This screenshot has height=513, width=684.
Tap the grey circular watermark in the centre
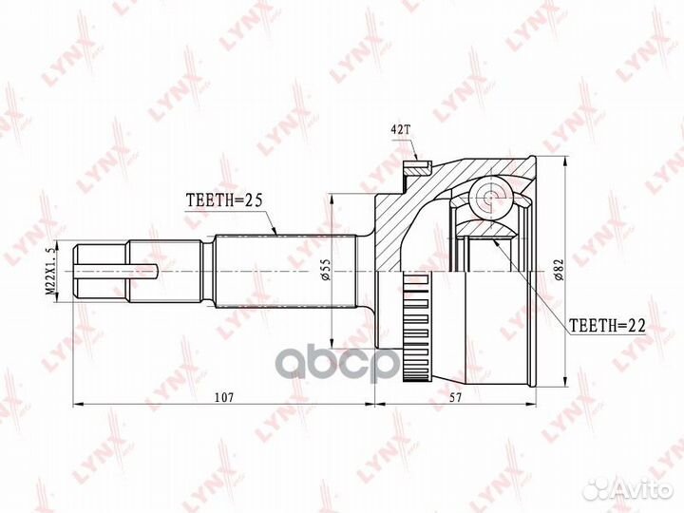(362, 362)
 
